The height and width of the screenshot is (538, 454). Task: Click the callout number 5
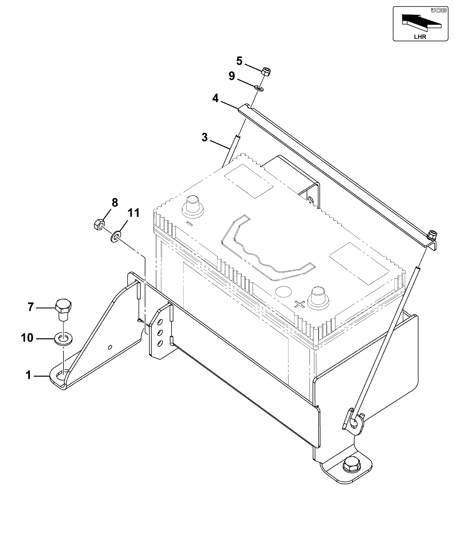[x=239, y=61]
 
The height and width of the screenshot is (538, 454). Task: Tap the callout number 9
[x=232, y=76]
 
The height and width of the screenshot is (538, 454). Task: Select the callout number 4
[x=215, y=98]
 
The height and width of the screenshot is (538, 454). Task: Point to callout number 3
[x=205, y=138]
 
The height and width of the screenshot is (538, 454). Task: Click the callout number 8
[x=115, y=203]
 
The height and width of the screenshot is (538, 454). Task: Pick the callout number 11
[x=133, y=213]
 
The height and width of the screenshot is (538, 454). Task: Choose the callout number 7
[x=31, y=307]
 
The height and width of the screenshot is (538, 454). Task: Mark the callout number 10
[x=27, y=338]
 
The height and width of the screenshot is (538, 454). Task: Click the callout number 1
[x=28, y=375]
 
